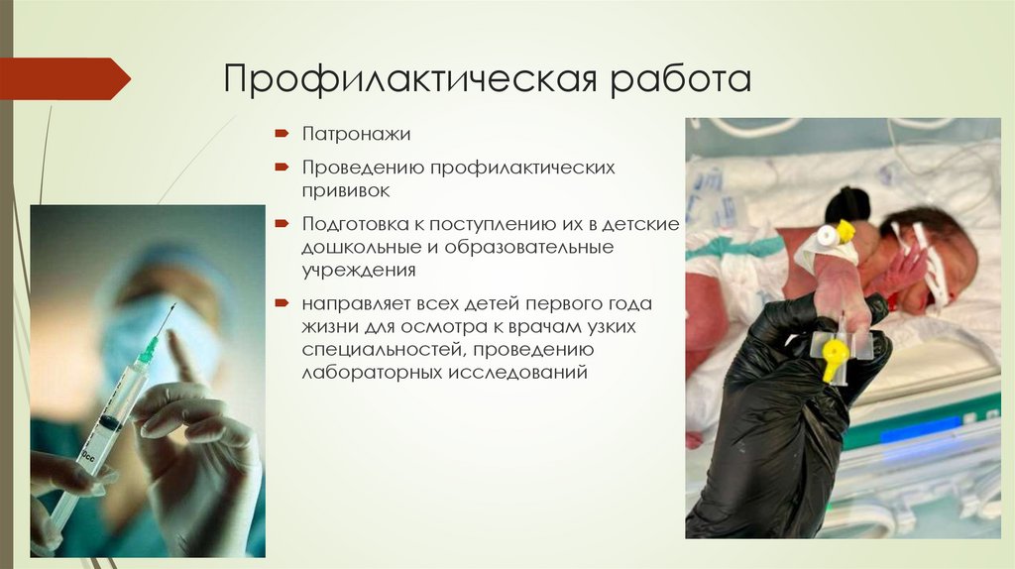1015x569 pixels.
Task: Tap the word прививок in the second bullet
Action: [345, 189]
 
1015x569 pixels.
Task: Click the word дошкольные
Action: [354, 246]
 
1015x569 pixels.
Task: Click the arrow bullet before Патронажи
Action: [282, 133]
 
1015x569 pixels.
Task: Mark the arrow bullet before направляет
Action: [282, 302]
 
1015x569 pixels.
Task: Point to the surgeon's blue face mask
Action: [149, 337]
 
